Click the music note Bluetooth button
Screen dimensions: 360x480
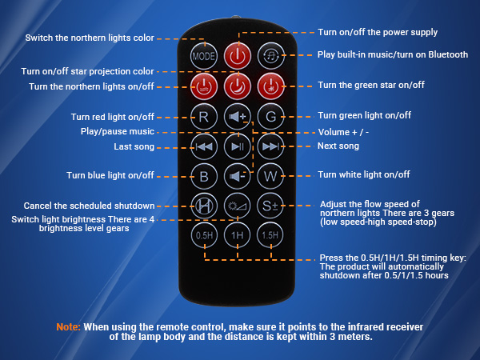click(x=270, y=56)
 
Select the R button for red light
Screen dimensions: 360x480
click(x=203, y=116)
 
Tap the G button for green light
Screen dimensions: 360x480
click(x=270, y=116)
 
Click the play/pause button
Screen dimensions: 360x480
click(x=237, y=146)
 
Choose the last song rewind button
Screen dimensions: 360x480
click(x=203, y=146)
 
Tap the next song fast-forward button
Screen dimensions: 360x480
click(x=270, y=146)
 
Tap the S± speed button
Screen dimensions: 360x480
click(x=270, y=206)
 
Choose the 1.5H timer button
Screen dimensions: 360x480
click(x=270, y=236)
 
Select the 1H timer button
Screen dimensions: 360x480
click(x=237, y=236)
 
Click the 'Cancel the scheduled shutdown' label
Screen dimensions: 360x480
click(x=89, y=206)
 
